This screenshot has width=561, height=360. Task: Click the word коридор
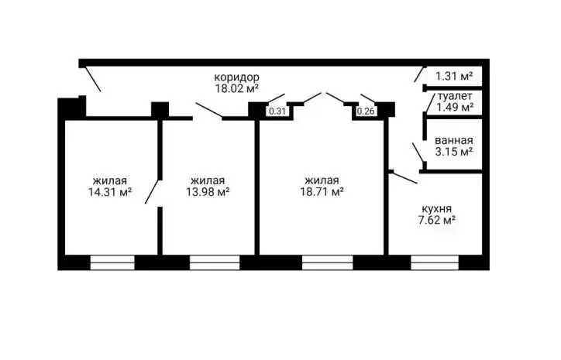[x=237, y=77]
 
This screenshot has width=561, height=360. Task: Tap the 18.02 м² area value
[x=237, y=89]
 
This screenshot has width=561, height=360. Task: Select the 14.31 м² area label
[x=110, y=192]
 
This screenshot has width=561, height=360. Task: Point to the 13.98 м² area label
[x=208, y=192]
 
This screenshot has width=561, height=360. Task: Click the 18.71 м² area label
[x=322, y=192]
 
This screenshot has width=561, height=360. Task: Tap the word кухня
[x=436, y=209]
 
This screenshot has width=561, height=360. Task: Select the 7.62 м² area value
[x=436, y=220]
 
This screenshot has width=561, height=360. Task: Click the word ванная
[x=454, y=140]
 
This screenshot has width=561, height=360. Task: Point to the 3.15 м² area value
[x=454, y=152]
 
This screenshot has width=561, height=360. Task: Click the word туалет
[x=455, y=96]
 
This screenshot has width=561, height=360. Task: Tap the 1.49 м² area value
[x=455, y=107]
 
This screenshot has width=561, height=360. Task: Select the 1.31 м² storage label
[x=454, y=76]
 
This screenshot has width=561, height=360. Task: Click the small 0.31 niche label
[x=277, y=111]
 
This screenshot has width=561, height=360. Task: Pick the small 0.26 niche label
[x=366, y=111]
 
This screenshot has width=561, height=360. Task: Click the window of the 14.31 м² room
[x=112, y=262]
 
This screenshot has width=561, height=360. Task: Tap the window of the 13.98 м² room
[x=215, y=262]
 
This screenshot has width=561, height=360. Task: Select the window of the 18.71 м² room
[x=328, y=262]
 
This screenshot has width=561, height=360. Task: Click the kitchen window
[x=435, y=262]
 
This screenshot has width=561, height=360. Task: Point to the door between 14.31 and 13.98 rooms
[x=152, y=192]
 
